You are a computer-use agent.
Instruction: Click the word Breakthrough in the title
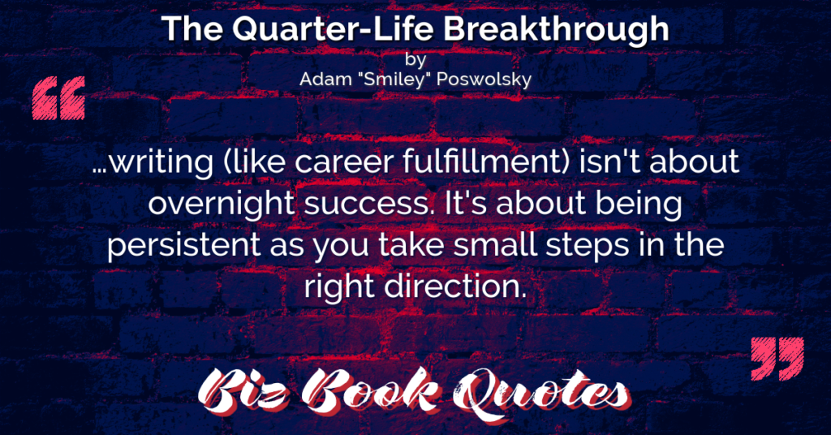point(556,30)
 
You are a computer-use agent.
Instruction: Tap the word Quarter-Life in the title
point(334,29)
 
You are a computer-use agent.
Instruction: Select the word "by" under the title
point(415,59)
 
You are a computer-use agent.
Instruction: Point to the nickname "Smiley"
point(393,80)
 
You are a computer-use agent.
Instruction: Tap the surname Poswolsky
point(483,80)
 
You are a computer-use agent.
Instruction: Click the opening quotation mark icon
point(58,98)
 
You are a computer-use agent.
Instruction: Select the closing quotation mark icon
point(777,358)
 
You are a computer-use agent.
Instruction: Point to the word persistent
point(183,246)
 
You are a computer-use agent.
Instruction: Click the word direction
point(454,286)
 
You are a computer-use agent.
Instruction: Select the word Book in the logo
point(371,391)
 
